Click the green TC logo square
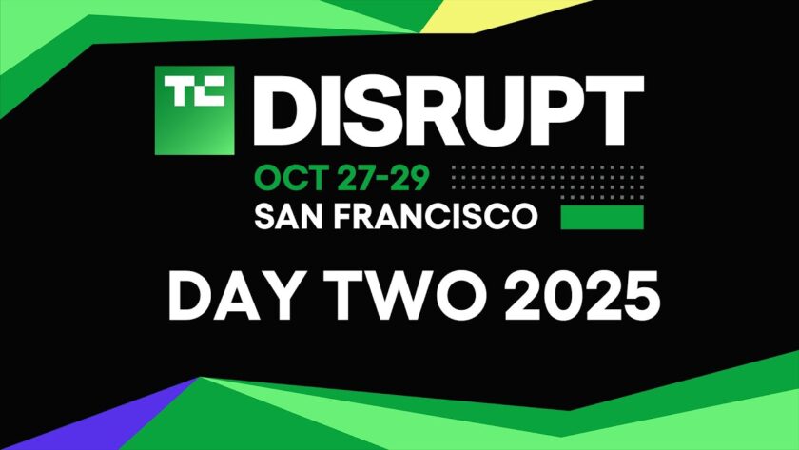coord(194,110)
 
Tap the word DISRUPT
coord(448,110)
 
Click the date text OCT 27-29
coord(341,178)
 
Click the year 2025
coord(582,296)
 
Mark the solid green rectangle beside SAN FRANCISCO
coord(602,217)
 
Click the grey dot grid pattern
coord(548,182)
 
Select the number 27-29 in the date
coord(383,178)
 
